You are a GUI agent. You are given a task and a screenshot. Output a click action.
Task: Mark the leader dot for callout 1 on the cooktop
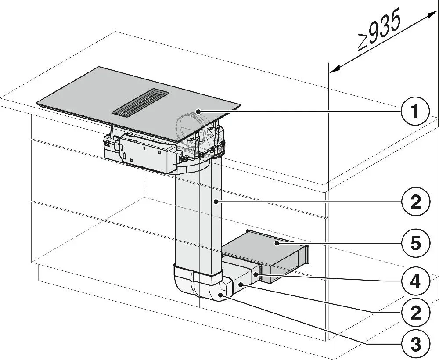(x=198, y=112)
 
